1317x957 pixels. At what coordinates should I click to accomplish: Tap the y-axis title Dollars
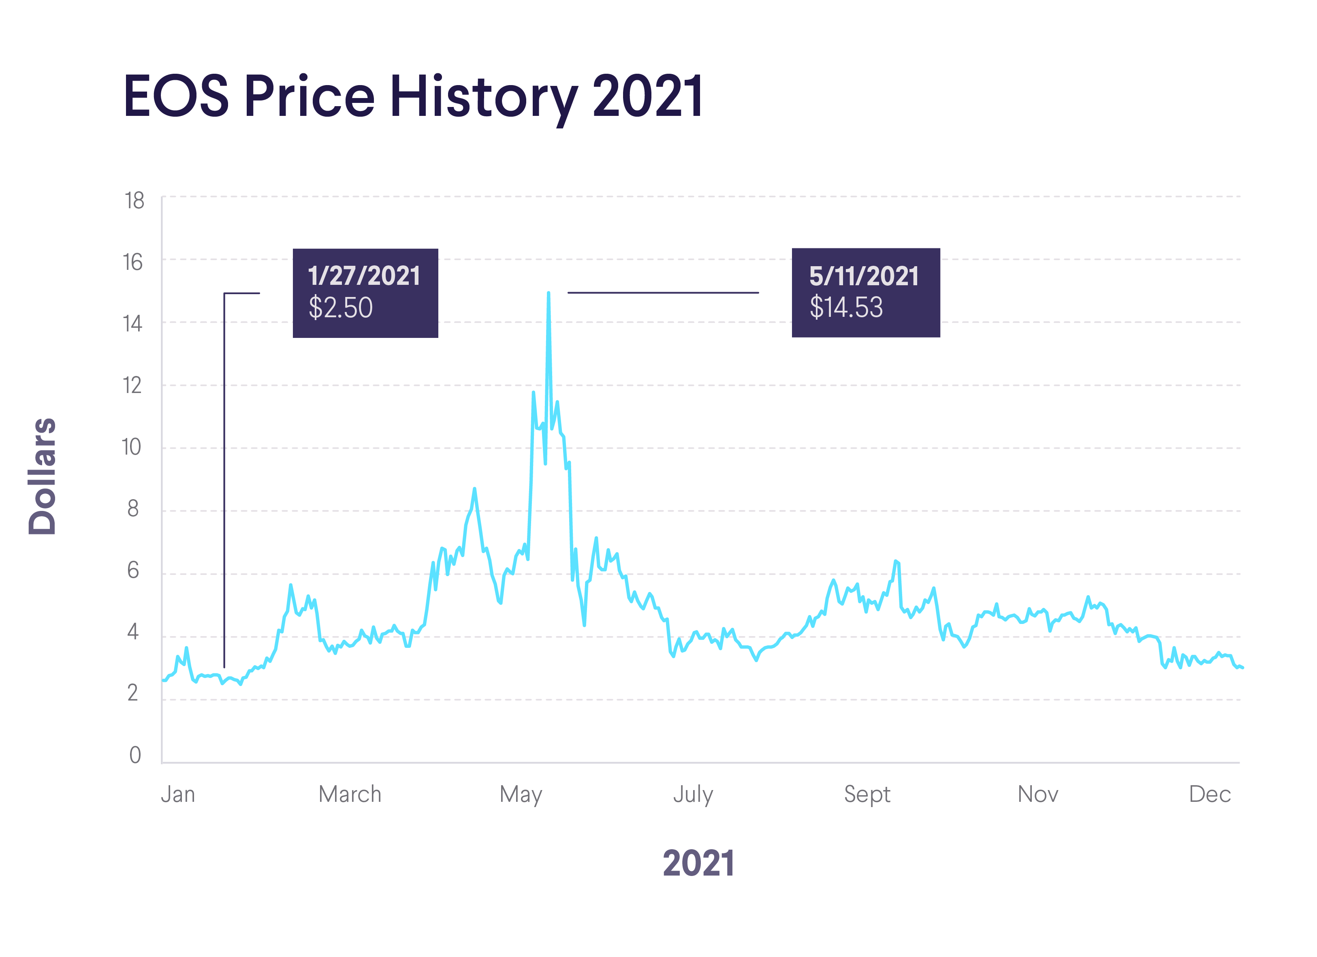point(43,476)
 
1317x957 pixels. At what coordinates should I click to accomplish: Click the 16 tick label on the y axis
point(132,263)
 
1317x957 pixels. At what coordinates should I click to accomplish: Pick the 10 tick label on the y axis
point(131,447)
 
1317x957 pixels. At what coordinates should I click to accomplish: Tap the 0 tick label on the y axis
point(135,755)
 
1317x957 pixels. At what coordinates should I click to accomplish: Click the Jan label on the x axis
point(178,794)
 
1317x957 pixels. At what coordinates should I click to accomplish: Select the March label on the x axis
point(350,794)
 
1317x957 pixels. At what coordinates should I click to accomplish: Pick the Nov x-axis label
point(1038,794)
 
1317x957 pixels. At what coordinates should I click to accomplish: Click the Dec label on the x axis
point(1210,794)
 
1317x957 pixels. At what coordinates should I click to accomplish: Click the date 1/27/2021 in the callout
point(364,276)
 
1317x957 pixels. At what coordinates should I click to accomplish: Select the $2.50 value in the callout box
point(340,308)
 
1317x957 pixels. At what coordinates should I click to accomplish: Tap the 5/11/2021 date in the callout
point(864,276)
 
